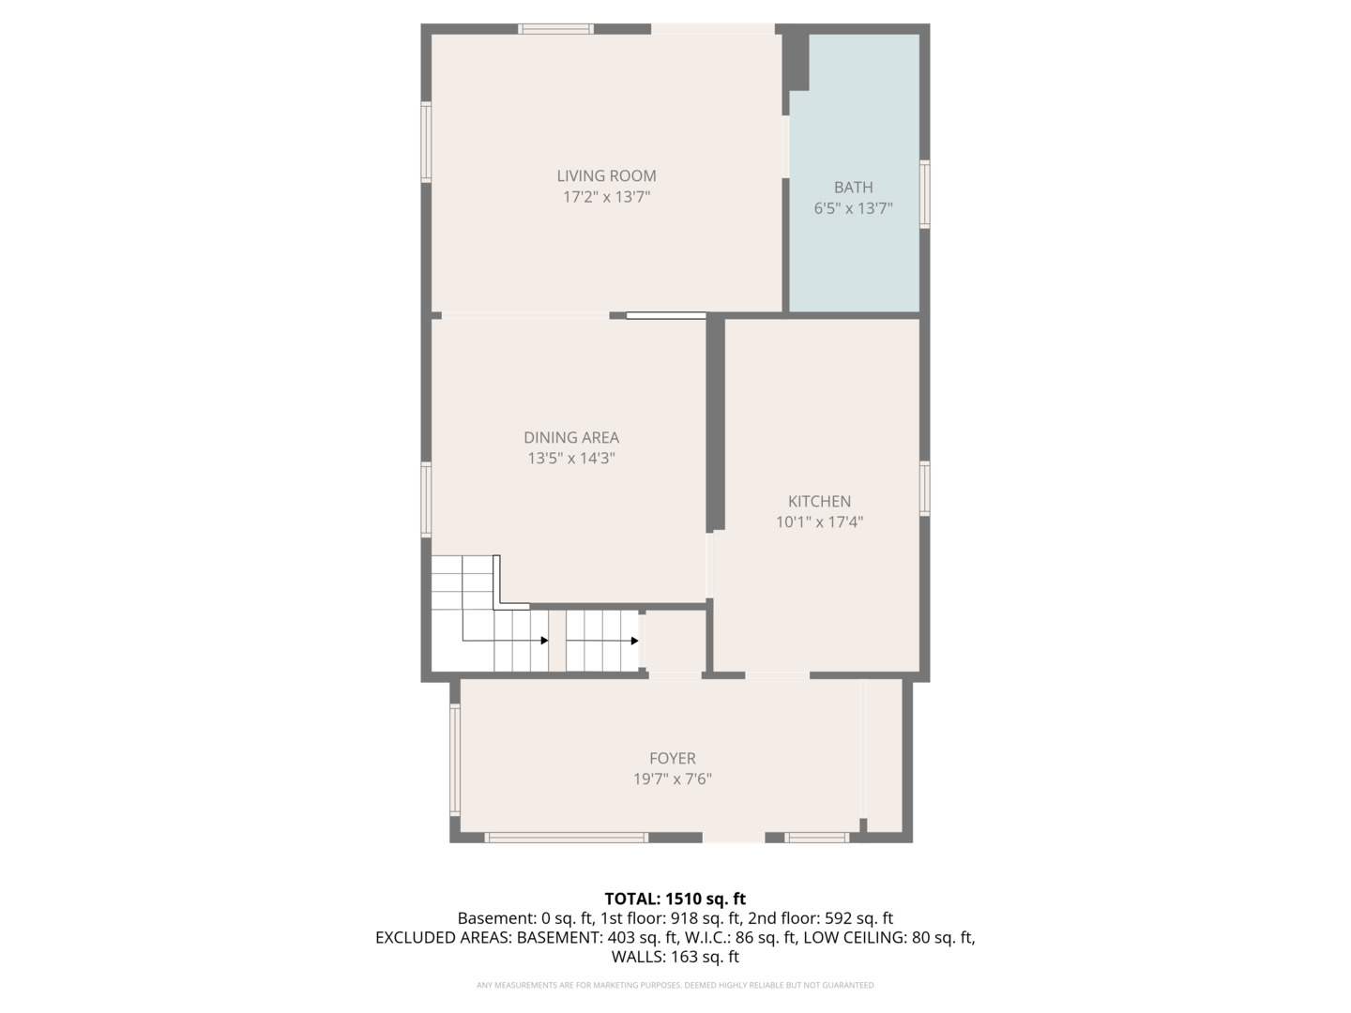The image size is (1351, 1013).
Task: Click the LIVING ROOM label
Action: pos(606,176)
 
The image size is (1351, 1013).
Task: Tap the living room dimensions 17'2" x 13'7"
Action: pos(606,197)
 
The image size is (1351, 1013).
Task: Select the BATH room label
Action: pos(853,187)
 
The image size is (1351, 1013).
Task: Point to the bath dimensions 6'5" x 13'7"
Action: pos(853,208)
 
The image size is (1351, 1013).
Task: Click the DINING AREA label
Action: pos(571,437)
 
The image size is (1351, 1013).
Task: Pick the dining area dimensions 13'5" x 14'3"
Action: pos(571,459)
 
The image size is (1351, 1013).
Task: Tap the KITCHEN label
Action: pos(819,501)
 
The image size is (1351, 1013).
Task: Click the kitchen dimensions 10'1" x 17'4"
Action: pos(819,522)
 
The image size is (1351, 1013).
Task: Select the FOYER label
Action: pos(672,759)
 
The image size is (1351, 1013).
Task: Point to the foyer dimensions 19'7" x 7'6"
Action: pos(672,779)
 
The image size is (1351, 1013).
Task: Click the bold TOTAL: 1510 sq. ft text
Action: pos(675,899)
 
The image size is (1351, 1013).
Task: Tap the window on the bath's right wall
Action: pos(924,194)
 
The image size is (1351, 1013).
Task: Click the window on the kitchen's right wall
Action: pos(924,489)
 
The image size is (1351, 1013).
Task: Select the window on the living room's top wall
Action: pos(555,29)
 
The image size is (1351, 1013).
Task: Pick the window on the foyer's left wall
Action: pos(455,760)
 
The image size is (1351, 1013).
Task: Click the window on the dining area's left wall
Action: pos(426,499)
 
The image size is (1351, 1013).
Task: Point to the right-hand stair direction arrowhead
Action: pos(634,641)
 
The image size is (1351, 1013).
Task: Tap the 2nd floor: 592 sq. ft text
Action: pos(820,918)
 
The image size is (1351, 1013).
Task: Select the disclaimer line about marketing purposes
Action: pos(675,985)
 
